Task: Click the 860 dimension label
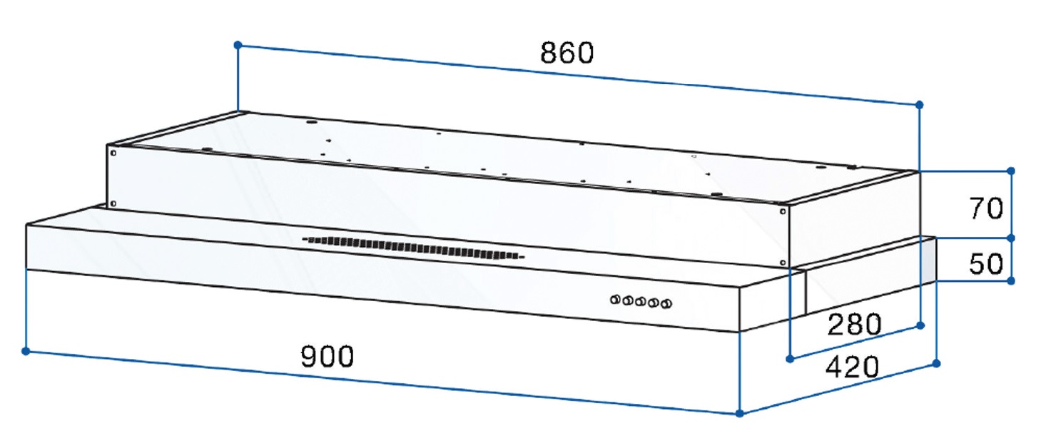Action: click(567, 54)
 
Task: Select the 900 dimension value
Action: click(327, 356)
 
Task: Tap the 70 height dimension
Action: click(986, 208)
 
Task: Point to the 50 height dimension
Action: click(986, 264)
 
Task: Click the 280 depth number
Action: click(854, 325)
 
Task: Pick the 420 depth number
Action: click(851, 367)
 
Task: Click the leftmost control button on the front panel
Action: click(615, 300)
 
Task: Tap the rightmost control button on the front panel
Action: click(666, 305)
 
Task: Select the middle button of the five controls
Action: click(641, 302)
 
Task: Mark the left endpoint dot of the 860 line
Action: click(238, 45)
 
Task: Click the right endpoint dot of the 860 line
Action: click(919, 105)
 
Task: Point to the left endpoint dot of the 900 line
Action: click(26, 351)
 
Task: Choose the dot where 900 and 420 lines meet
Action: click(740, 413)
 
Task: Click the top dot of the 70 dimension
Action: click(1011, 171)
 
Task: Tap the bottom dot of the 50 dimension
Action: click(1011, 280)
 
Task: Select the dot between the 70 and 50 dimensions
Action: click(1011, 238)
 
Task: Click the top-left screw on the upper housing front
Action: click(113, 151)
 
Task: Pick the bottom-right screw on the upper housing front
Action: click(783, 263)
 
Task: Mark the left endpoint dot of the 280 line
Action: click(790, 358)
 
